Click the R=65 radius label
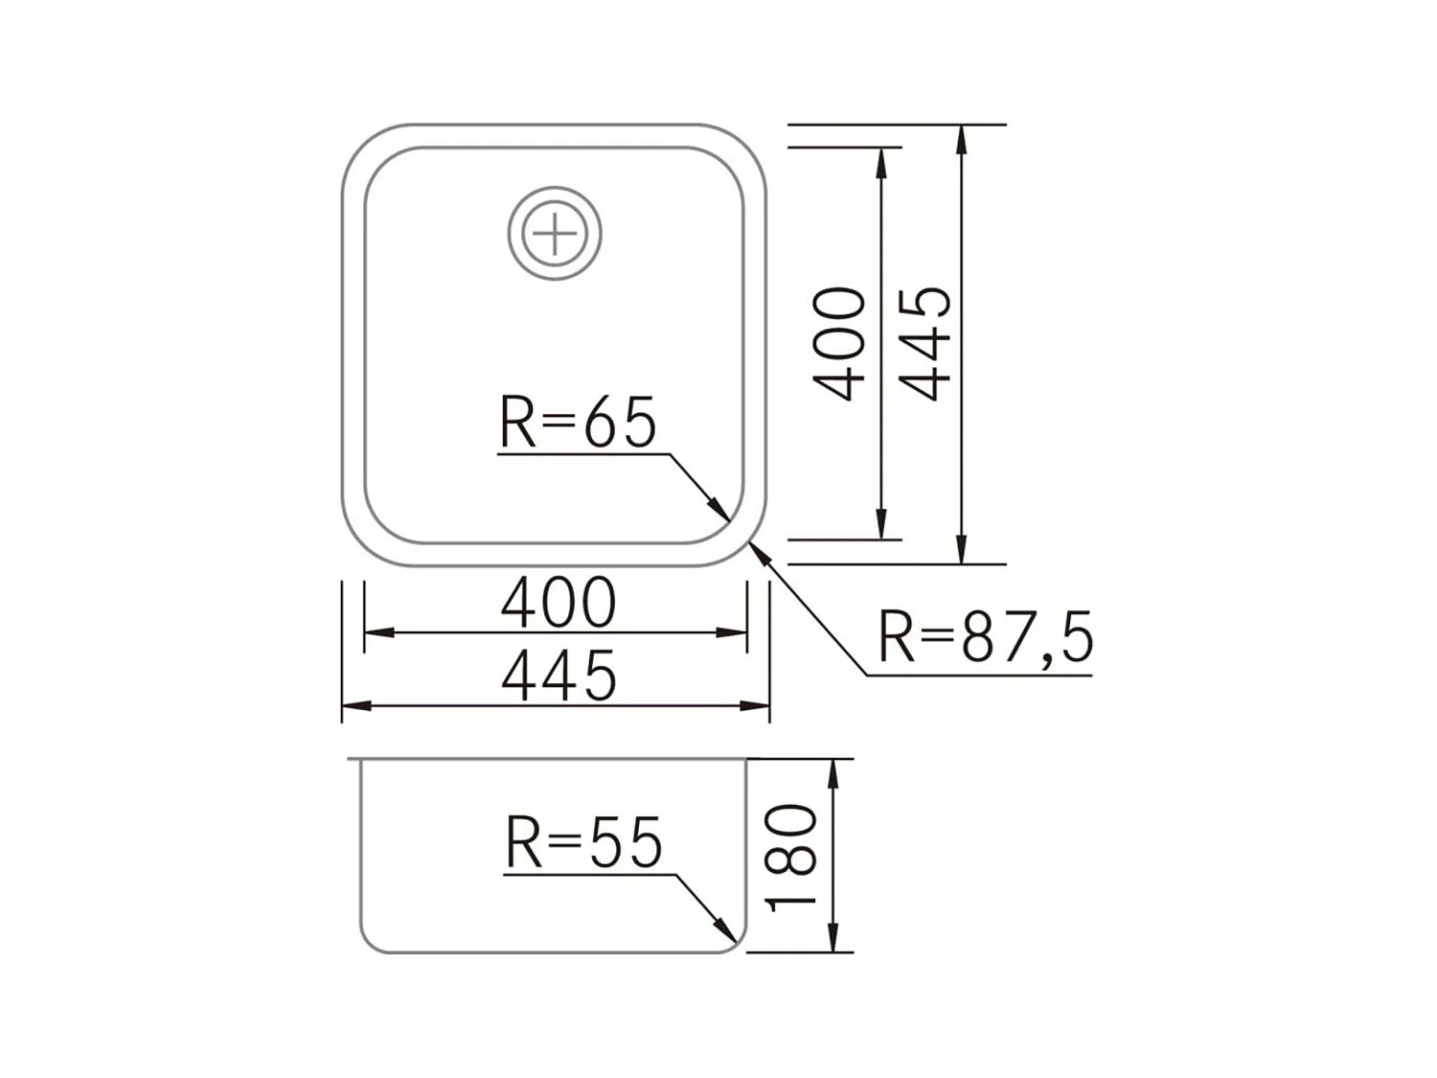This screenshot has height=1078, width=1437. [x=578, y=423]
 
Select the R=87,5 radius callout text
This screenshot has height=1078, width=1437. [x=985, y=637]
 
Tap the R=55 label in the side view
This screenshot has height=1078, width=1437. [x=583, y=843]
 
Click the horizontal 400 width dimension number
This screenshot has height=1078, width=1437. [x=559, y=604]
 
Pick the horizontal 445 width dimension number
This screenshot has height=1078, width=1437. [x=559, y=677]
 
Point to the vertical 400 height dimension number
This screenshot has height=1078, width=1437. [x=840, y=343]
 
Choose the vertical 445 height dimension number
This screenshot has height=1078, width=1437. [x=926, y=343]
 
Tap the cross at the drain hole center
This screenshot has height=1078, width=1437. [x=555, y=234]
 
